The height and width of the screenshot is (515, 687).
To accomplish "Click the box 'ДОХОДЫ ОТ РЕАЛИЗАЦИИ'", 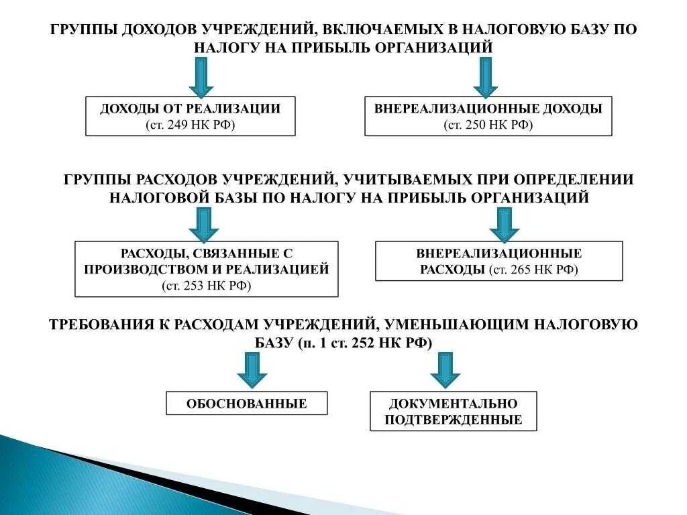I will (x=191, y=116).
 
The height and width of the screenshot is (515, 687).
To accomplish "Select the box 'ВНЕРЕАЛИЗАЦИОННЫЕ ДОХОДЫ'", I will (x=488, y=116).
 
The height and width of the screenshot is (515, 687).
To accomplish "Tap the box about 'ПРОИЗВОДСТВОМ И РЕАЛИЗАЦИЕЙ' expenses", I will (x=207, y=269).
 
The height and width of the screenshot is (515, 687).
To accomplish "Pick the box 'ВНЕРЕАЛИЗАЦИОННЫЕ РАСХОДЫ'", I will (x=498, y=262).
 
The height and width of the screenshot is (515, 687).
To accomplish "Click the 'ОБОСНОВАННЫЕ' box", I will (x=247, y=403).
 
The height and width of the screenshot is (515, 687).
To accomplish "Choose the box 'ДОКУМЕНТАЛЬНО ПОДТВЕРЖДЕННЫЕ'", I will (x=454, y=411).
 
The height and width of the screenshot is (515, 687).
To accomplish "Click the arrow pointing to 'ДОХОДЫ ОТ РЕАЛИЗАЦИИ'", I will (x=201, y=76).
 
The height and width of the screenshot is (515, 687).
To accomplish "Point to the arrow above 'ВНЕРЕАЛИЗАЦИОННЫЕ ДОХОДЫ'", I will (x=486, y=76).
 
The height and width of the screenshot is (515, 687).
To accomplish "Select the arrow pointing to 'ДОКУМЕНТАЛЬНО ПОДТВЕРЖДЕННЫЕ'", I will (x=445, y=369).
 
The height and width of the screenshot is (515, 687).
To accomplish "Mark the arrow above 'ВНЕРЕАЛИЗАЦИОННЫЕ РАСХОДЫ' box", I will (x=505, y=224).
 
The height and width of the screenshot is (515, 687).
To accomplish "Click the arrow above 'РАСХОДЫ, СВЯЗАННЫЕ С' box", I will (x=203, y=224).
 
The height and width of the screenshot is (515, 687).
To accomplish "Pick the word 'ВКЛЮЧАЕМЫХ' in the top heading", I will (x=382, y=30).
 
